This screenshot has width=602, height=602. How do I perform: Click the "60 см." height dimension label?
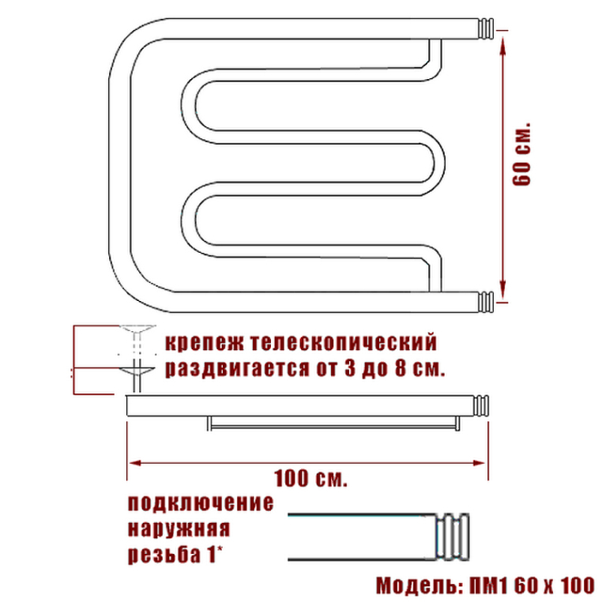[521, 154]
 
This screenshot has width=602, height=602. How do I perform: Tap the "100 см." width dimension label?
[310, 479]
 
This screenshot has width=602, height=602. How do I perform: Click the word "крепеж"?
[205, 342]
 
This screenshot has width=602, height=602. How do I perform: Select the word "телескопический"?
[344, 342]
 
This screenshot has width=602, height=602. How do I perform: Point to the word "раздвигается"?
[237, 369]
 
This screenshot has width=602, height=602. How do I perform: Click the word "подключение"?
[201, 503]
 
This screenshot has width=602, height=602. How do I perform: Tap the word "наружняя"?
[179, 529]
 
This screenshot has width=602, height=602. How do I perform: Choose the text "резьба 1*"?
[175, 555]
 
